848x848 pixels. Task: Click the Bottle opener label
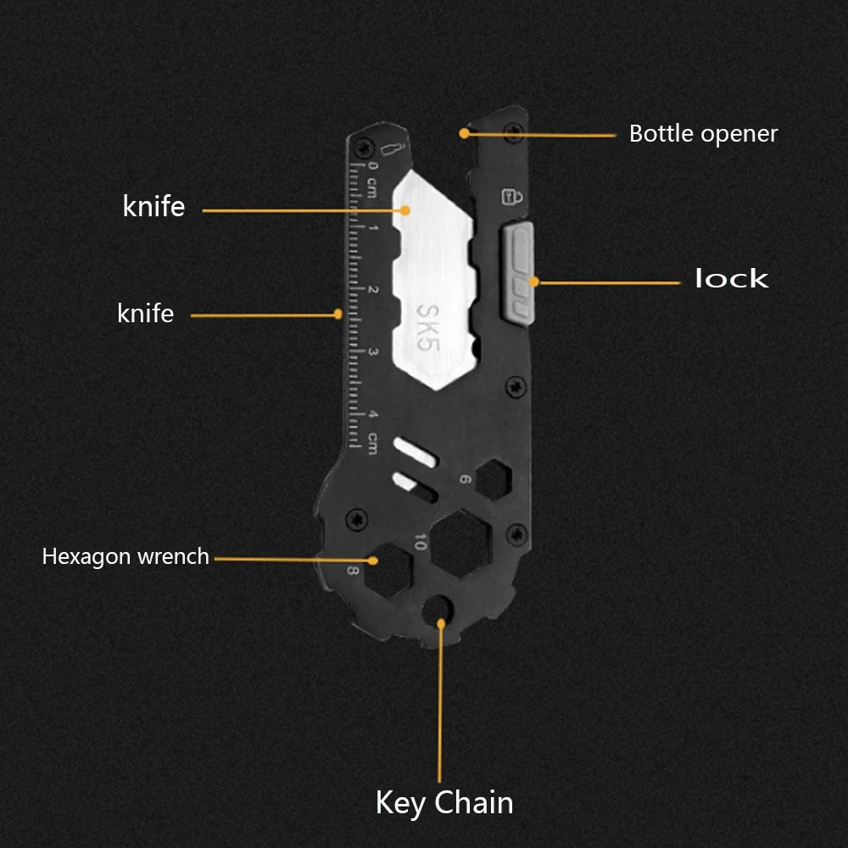[703, 134]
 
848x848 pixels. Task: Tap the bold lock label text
[731, 279]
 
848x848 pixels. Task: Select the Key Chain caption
[444, 802]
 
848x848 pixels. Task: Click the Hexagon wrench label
[126, 557]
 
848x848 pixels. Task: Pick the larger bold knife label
[153, 206]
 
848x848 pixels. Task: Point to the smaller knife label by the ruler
[145, 314]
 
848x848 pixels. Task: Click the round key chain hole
[438, 608]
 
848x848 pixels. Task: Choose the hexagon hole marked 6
[494, 481]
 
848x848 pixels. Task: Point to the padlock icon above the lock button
[512, 197]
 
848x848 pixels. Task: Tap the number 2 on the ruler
[373, 290]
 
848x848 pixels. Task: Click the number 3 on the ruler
[373, 353]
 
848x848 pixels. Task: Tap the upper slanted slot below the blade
[416, 451]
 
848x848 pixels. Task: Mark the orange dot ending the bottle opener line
[464, 133]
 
